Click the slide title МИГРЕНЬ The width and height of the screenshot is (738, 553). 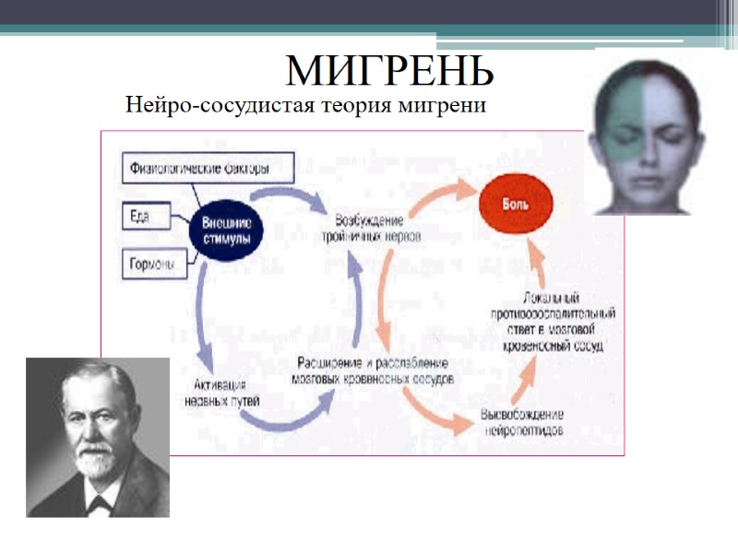coord(389,69)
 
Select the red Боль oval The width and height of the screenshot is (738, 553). coord(515,204)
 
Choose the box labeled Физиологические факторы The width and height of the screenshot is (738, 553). coord(208,169)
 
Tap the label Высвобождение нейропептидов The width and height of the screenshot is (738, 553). coord(522,423)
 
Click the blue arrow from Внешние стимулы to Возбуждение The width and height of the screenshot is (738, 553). coord(286,194)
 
